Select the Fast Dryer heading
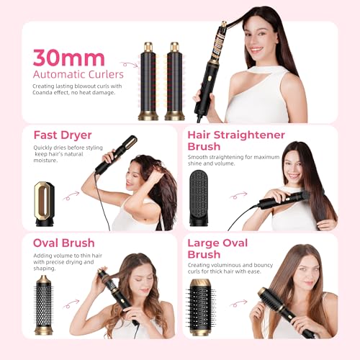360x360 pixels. coord(63,135)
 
